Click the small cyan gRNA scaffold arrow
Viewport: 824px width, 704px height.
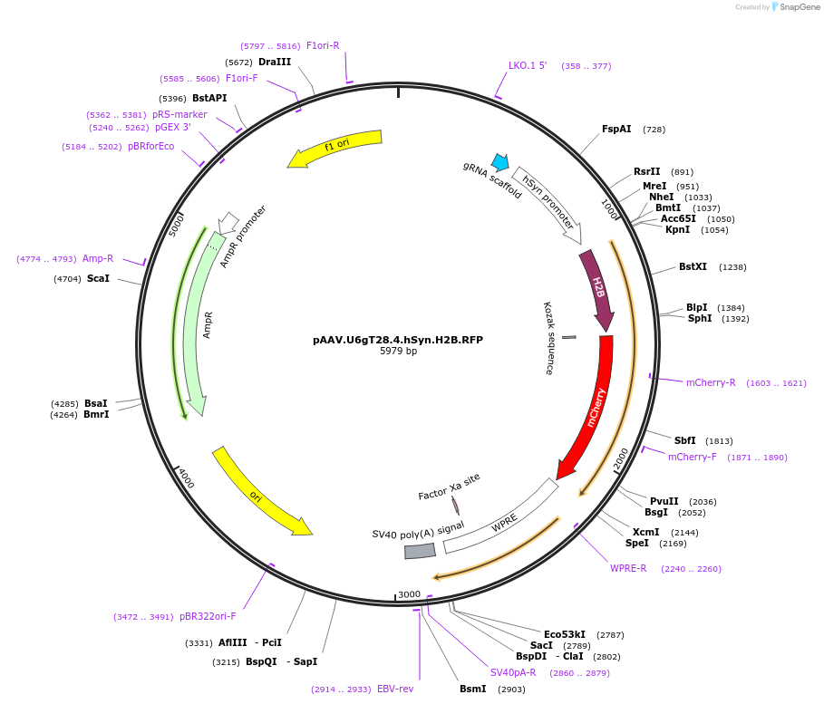499,162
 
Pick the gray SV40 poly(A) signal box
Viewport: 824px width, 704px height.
420,550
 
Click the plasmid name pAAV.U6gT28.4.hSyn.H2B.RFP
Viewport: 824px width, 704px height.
398,340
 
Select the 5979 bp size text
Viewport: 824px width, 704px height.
398,352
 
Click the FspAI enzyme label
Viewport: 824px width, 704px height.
616,130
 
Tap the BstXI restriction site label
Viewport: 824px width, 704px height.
693,267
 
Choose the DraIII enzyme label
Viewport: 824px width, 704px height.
274,63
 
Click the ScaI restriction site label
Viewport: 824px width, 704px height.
98,279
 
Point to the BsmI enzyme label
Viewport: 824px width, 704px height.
473,690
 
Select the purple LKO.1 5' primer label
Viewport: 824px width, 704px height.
528,65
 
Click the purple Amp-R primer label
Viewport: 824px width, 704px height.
98,258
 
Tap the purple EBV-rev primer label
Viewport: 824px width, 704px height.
395,690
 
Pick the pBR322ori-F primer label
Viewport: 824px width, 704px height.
208,617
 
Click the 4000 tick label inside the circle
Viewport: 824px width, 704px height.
186,477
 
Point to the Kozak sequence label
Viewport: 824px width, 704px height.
548,338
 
